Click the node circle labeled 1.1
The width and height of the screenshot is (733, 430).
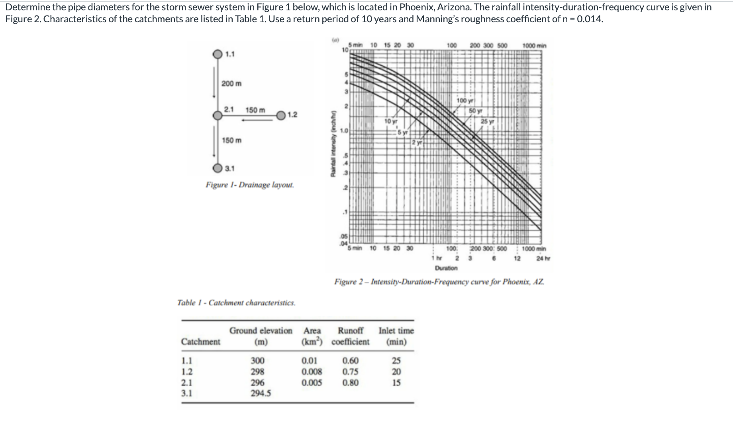coord(217,54)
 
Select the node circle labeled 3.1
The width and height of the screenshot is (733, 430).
coord(217,168)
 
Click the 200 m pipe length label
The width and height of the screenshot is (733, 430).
coord(231,84)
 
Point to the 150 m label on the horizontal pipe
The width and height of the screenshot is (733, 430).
coord(255,109)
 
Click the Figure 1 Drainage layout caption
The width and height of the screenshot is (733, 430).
coord(250,185)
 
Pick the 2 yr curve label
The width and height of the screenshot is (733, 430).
coord(417,142)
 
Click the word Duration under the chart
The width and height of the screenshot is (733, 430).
coord(446,268)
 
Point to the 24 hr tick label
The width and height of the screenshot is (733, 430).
coord(541,258)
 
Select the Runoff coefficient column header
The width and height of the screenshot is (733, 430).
coord(351,336)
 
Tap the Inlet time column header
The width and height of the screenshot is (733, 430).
coord(396,336)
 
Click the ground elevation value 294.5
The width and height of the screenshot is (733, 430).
coord(261,393)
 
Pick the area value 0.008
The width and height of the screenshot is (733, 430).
coord(312,372)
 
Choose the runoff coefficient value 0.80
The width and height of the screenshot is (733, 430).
coord(351,383)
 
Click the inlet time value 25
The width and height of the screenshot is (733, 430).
coord(396,361)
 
